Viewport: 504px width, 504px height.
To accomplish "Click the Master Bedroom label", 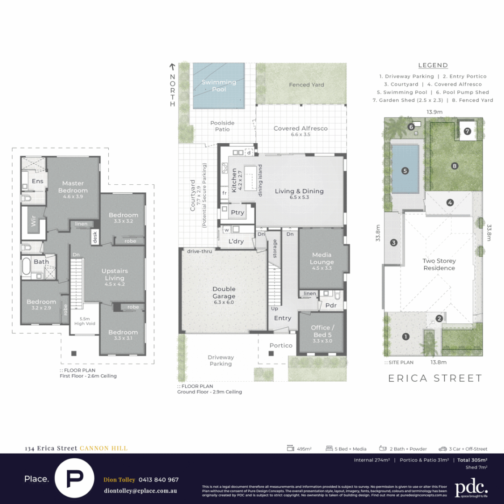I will tap(73, 187).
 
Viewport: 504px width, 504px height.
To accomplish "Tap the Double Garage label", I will tap(224, 293).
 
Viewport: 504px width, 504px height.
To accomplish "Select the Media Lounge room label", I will tap(322, 259).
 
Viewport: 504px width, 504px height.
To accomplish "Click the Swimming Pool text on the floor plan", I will tap(219, 85).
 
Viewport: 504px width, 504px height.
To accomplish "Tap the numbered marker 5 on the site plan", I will tap(405, 171).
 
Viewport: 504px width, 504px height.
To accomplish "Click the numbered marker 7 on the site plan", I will tap(467, 131).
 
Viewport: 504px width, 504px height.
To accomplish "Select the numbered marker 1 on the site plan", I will tap(406, 336).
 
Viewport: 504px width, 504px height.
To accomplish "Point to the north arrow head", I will tap(172, 67).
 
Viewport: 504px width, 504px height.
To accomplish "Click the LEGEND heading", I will tap(433, 65).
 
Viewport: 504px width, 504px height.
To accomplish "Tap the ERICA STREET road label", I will tap(435, 378).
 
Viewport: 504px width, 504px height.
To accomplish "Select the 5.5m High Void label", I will tap(84, 321).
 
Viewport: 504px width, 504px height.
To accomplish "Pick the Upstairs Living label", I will tap(114, 274).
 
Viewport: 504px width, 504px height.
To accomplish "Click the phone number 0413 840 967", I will tap(159, 480).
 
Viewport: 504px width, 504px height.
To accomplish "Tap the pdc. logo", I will tap(471, 488).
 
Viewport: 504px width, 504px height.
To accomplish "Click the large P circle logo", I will tap(74, 478).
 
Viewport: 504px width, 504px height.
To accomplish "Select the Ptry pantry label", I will tap(238, 212).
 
